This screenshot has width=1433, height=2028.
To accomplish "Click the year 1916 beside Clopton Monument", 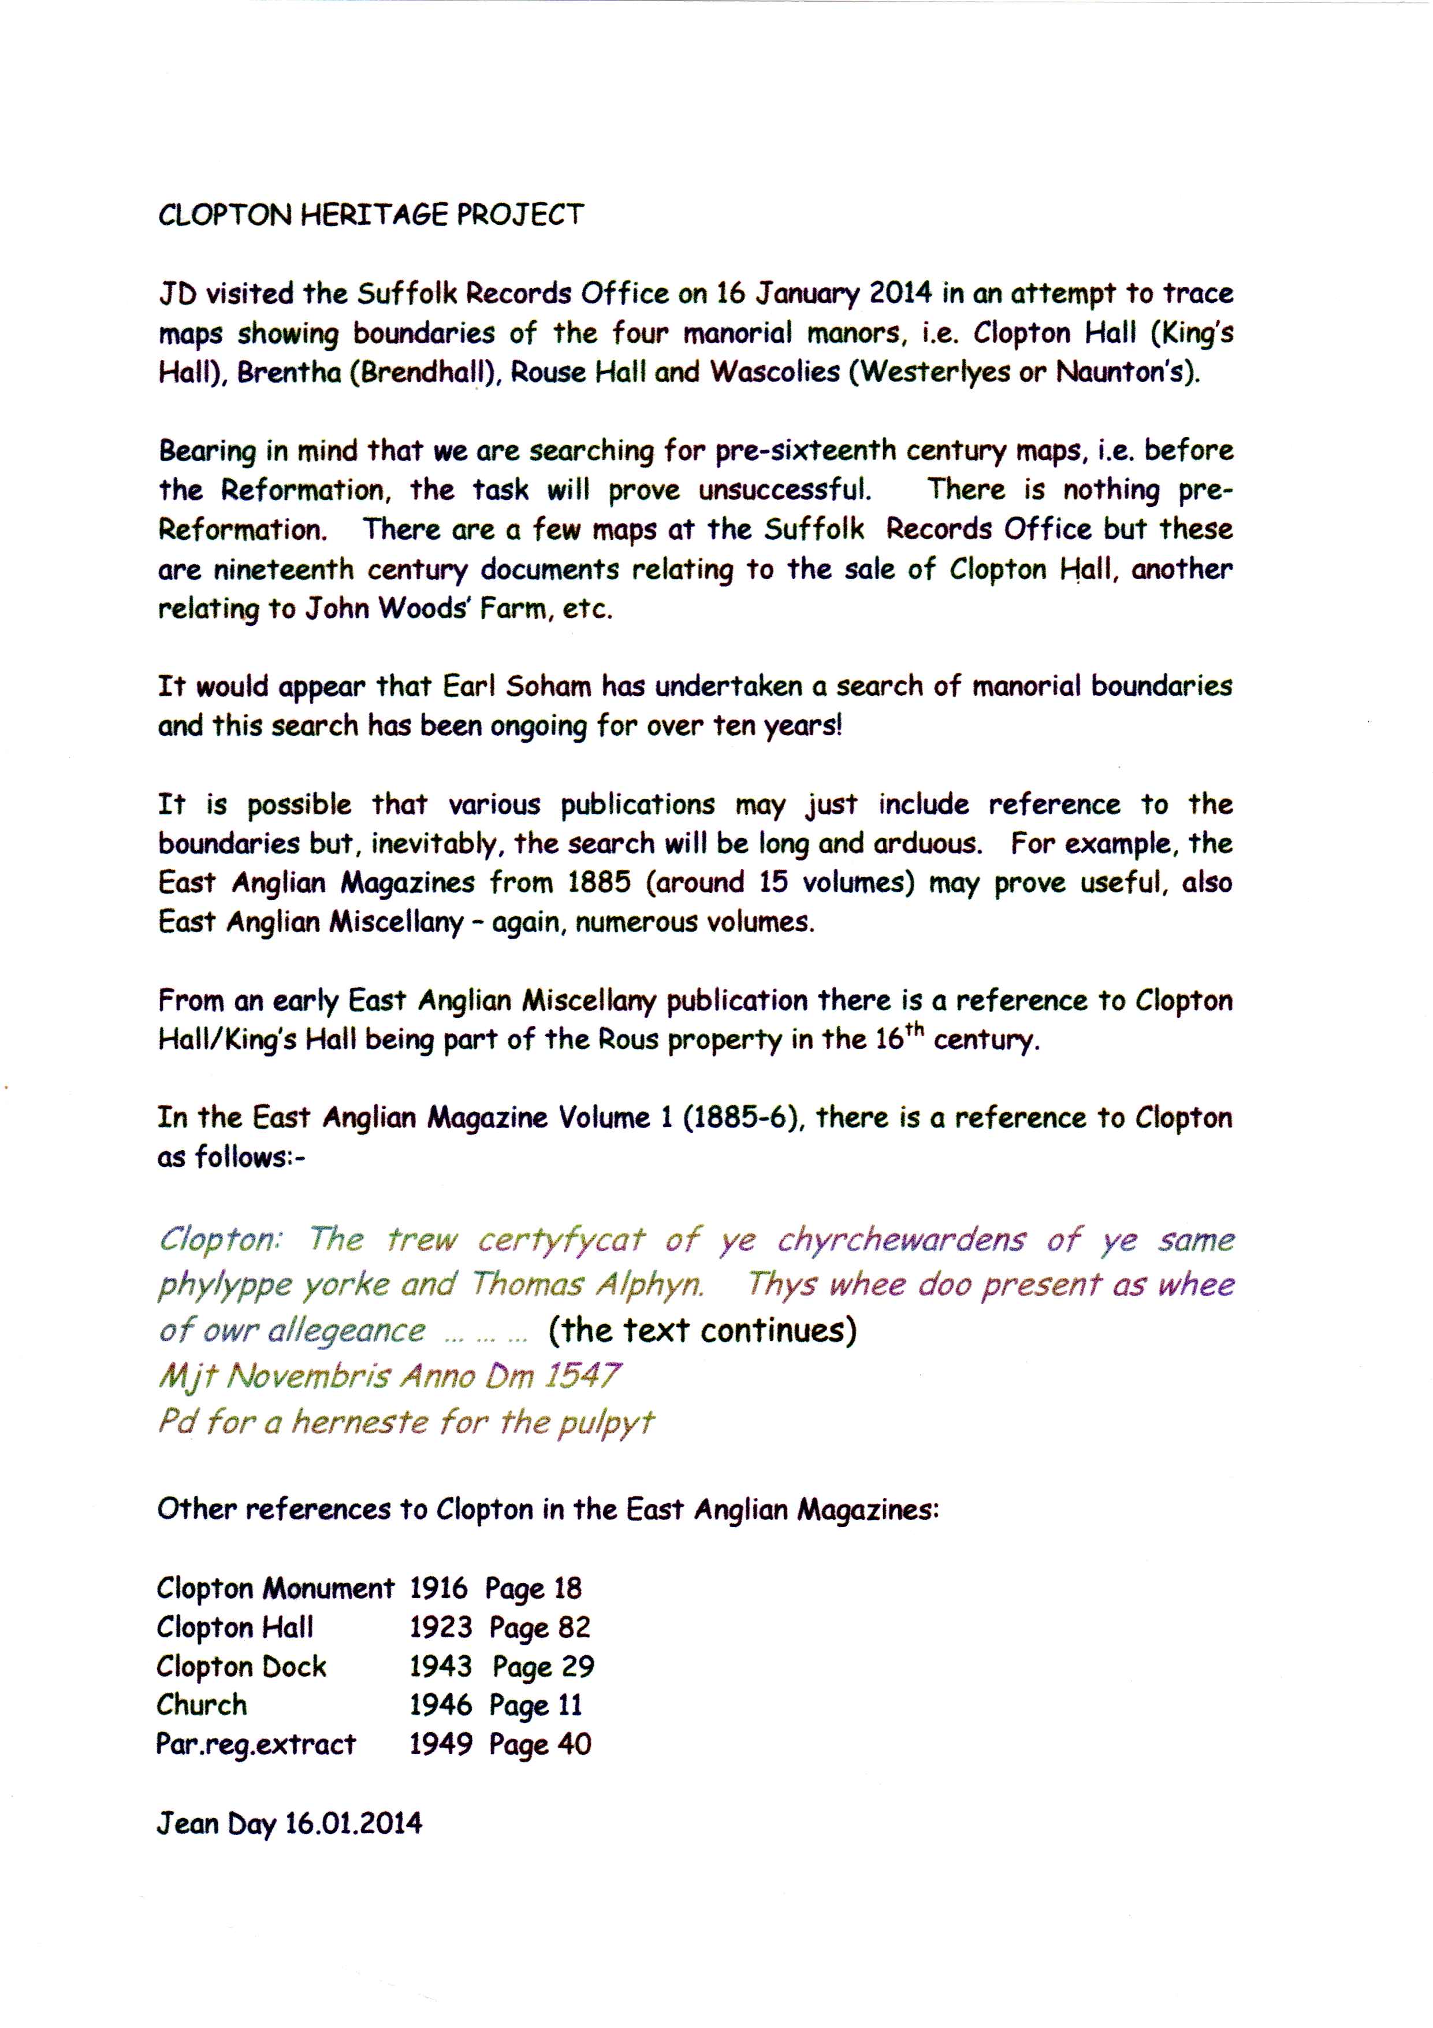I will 439,1589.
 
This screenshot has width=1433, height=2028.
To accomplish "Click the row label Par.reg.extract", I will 256,1744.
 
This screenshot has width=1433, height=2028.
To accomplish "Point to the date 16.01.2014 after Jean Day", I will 353,1824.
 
